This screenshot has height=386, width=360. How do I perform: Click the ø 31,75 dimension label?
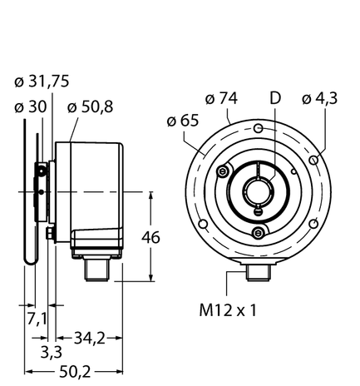42,81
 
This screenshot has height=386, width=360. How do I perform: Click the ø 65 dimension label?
182,121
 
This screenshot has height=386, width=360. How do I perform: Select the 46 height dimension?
151,237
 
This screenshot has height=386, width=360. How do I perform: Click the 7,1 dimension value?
35,318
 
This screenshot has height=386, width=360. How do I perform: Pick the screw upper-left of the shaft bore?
223,171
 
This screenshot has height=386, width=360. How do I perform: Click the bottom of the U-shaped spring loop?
32,260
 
